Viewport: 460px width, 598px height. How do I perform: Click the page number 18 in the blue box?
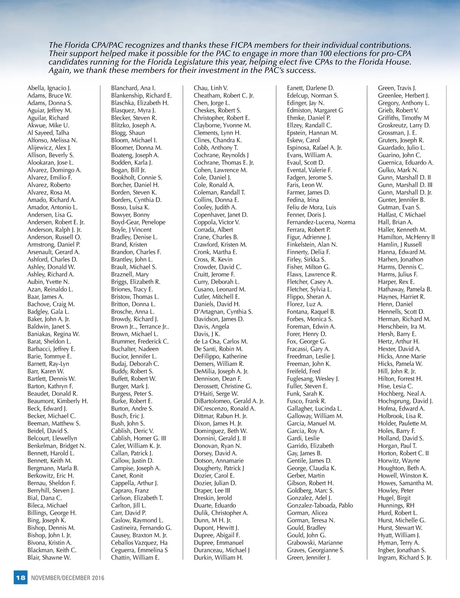[21, 577]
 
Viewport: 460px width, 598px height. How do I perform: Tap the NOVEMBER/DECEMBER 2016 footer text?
[67, 578]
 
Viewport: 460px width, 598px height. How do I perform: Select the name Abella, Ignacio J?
[49, 88]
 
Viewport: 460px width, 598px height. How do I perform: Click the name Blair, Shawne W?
[49, 557]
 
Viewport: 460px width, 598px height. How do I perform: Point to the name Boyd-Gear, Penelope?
[138, 222]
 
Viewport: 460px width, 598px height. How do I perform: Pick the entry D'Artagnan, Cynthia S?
[223, 312]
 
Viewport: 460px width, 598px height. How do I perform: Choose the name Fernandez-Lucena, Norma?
[321, 222]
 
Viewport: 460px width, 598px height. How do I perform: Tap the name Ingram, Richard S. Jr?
[404, 557]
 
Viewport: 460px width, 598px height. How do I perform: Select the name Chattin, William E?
[135, 557]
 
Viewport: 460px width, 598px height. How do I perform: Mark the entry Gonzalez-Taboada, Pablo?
[320, 505]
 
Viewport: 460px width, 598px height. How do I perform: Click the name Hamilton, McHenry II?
[406, 237]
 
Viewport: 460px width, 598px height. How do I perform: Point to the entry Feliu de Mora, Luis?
[311, 207]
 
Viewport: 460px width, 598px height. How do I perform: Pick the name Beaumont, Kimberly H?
[58, 401]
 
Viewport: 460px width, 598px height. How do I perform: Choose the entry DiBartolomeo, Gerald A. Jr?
[229, 401]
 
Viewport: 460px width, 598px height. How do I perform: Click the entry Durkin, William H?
[218, 557]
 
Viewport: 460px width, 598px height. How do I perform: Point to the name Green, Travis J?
[397, 88]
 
